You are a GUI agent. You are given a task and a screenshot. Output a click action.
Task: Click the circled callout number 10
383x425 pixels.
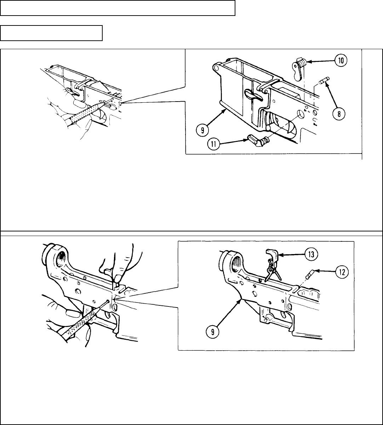341,60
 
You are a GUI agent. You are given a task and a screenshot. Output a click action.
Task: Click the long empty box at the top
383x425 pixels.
118,8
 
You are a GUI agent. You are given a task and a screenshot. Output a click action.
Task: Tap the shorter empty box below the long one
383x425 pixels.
51,33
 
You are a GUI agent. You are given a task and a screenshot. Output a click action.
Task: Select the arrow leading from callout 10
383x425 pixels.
320,62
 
